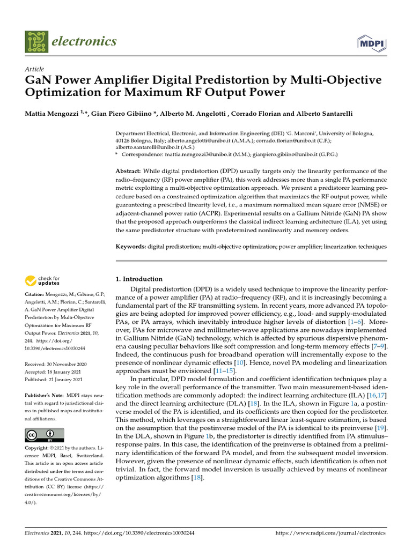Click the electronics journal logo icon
point(35,41)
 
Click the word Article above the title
point(34,69)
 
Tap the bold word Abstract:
point(131,171)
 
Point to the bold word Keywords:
point(132,247)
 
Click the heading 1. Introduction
point(139,279)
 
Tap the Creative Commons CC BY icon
point(42,435)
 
